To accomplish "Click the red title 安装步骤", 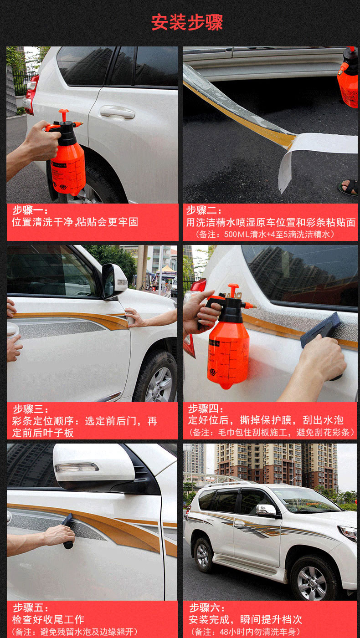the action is point(187,22).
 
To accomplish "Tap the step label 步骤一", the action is point(28,210).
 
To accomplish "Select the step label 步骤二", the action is point(201,210).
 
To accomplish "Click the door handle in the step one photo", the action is point(117,112).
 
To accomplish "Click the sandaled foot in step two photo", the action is point(348,187).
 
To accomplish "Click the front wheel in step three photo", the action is point(156,378).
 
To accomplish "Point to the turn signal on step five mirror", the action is point(77,467).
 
